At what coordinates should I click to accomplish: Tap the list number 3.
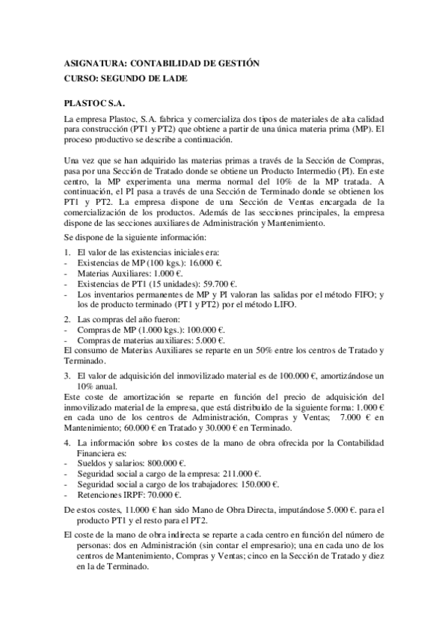(x=67, y=375)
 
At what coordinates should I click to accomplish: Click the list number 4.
(x=67, y=443)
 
